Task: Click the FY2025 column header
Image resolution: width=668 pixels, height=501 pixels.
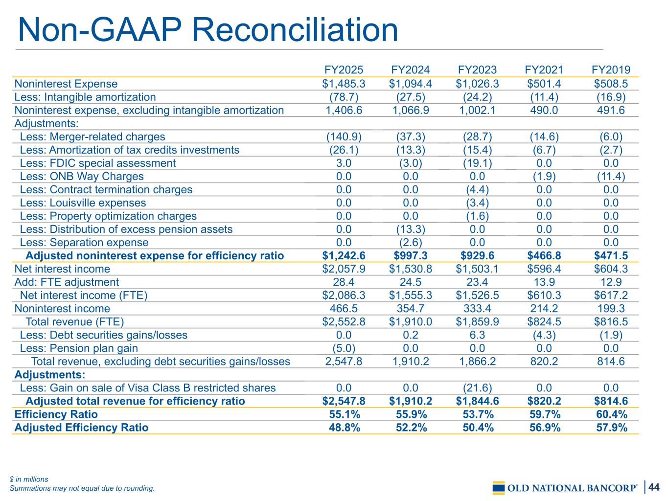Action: [344, 70]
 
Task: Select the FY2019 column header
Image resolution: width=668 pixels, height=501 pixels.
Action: [611, 70]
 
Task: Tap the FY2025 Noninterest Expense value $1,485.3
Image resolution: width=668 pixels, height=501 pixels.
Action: [344, 84]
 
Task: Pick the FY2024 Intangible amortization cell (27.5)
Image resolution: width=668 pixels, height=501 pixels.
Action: [411, 97]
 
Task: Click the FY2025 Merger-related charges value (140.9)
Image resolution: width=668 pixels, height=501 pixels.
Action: [344, 137]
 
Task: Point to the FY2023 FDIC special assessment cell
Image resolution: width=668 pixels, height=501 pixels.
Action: [477, 163]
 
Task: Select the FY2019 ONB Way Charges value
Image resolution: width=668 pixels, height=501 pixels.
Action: [611, 177]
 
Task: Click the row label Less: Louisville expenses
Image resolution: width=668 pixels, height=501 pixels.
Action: [83, 203]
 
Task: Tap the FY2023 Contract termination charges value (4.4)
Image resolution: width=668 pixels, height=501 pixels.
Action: [477, 189]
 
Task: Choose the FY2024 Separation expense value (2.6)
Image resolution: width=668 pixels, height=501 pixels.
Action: [411, 243]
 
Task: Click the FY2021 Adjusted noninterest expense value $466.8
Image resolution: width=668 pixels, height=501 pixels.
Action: [544, 255]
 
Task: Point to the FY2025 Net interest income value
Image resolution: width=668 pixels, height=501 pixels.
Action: [344, 269]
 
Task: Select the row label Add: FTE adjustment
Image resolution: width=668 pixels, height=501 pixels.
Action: [67, 282]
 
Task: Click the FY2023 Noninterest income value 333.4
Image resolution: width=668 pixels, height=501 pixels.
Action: [477, 308]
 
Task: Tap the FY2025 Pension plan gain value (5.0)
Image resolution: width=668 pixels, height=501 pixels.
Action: [344, 348]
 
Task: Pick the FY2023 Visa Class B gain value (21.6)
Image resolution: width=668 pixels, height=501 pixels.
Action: [477, 388]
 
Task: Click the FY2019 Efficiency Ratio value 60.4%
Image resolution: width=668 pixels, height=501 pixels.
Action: [611, 414]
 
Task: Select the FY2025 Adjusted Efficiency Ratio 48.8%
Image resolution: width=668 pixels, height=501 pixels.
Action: [344, 428]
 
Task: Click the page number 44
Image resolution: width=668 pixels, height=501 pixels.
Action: [654, 487]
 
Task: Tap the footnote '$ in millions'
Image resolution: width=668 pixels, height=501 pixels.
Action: [29, 479]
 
